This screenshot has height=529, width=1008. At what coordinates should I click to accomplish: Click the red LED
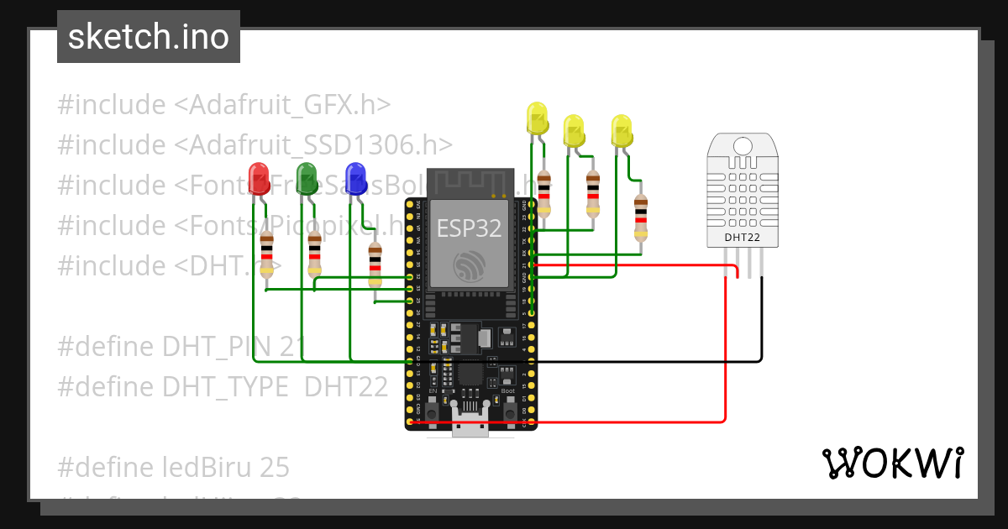[259, 176]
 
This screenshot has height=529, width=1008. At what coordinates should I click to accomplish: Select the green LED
[307, 177]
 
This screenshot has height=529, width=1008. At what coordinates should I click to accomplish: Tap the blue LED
[355, 177]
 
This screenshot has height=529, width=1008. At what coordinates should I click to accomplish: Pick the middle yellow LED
[574, 130]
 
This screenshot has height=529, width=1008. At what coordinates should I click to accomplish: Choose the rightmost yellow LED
[622, 130]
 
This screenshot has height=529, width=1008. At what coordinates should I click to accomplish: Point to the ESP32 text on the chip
[469, 227]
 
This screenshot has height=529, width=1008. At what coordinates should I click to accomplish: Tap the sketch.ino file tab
[149, 37]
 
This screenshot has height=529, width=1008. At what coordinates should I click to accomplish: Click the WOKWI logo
[892, 463]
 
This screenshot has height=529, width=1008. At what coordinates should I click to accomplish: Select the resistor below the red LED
[267, 254]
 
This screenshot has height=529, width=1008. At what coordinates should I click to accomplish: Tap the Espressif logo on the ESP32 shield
[469, 266]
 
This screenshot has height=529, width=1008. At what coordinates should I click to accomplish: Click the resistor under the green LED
[314, 254]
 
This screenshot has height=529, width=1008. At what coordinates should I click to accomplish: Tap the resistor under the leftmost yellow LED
[544, 194]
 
